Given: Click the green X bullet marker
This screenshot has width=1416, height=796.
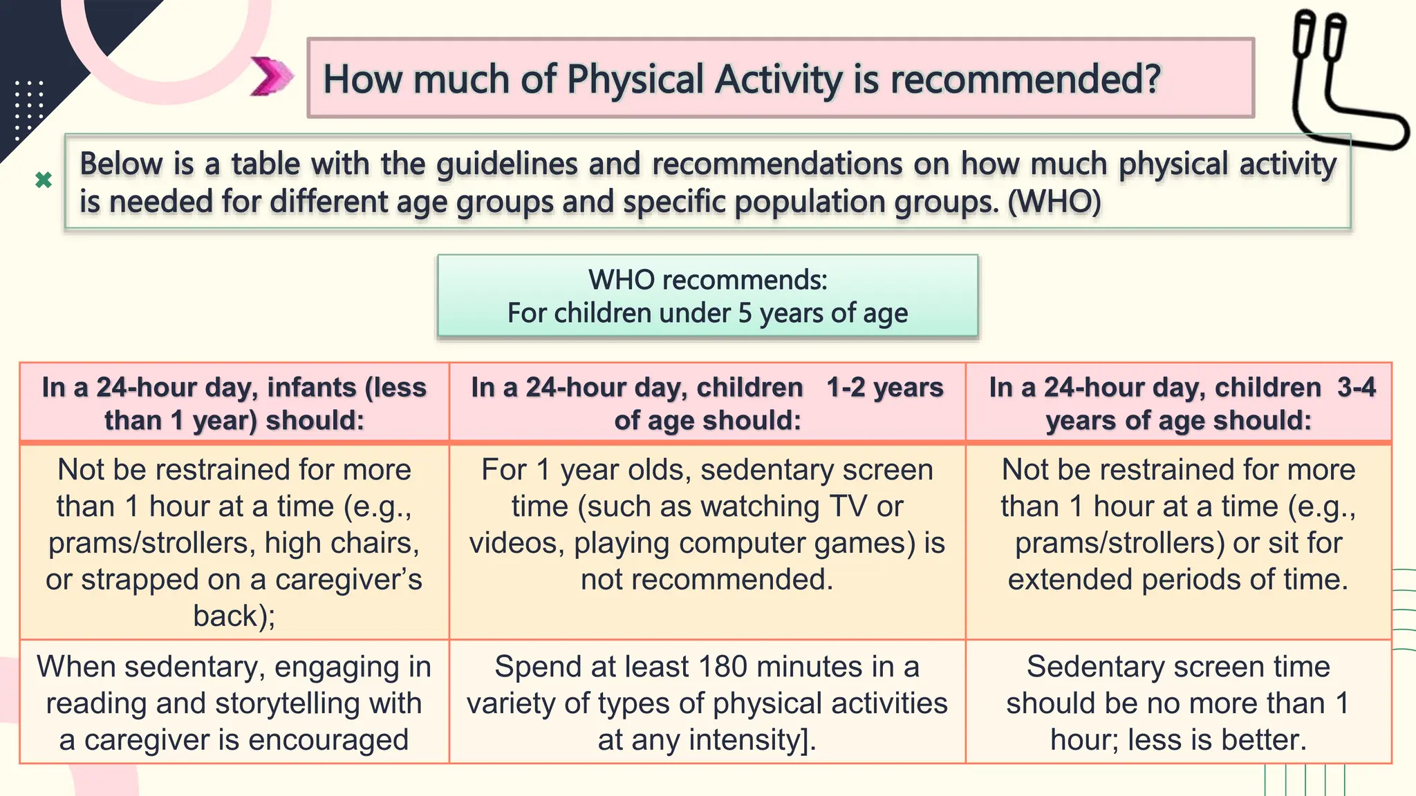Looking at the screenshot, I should tap(44, 180).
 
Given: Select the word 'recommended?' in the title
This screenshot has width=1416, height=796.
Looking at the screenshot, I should tap(1025, 79).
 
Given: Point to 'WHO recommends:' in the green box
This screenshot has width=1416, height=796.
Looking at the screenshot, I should tap(707, 280).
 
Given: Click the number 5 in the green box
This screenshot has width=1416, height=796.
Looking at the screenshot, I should tap(745, 313).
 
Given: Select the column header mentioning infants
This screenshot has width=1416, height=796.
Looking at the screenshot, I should tap(234, 403).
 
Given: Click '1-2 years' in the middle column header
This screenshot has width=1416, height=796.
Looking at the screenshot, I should tap(884, 387).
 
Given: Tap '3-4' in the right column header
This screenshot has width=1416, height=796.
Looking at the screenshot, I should tap(1356, 387).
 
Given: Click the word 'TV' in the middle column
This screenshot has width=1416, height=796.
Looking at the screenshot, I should tap(848, 506).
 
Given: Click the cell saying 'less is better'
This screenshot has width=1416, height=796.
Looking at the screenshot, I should tap(1178, 703).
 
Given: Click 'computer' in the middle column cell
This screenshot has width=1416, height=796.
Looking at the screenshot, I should tap(743, 543).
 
